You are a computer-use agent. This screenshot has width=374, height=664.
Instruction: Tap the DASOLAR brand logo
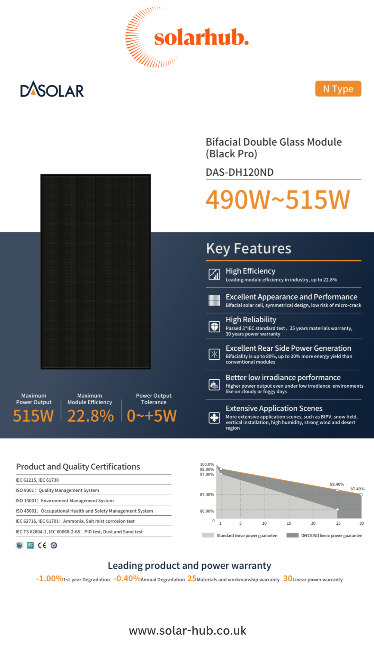coord(52,90)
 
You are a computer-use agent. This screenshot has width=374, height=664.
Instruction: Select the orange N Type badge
coord(338,89)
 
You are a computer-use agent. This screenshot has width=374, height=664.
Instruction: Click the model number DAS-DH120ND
coord(240,172)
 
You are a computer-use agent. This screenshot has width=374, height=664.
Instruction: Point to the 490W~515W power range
coord(278,200)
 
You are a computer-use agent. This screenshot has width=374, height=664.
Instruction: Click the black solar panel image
coord(96,271)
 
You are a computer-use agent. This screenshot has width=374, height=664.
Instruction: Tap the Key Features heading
coord(249,248)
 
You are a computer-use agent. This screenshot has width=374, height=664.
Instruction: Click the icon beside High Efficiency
coord(214,274)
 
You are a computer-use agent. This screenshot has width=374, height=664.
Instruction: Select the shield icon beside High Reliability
coord(214,326)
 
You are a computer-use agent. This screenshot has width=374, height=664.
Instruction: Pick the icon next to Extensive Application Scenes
coord(214,417)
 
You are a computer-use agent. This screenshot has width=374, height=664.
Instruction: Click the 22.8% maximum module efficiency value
coord(90,416)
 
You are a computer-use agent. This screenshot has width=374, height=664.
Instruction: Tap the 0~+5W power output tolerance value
coord(152,416)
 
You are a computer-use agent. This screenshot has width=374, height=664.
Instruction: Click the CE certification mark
coord(42,545)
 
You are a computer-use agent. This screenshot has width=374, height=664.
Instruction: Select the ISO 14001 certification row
coord(65,500)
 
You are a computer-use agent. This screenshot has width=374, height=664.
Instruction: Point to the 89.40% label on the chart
coord(337,484)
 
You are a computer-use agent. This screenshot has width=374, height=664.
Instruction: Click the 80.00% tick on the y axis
coord(207,511)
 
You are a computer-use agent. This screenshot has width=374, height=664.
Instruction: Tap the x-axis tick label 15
coord(289,523)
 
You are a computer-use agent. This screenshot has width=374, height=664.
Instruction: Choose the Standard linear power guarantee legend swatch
coord(208,535)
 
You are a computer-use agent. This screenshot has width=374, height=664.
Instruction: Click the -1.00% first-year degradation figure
coord(50,579)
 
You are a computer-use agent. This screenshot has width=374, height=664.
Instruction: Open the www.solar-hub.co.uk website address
coord(187,630)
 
